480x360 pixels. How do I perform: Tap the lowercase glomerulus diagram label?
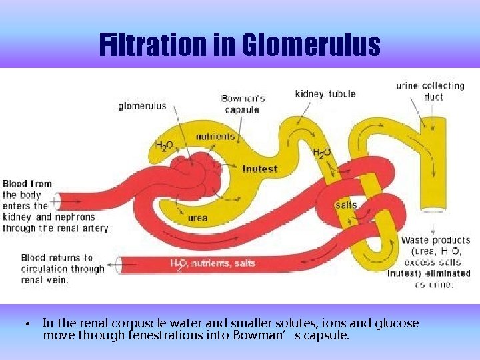143,106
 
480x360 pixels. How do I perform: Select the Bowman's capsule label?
243,104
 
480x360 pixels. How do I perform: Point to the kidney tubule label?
325,94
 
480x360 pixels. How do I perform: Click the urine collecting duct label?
430,91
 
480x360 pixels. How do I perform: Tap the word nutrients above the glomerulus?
215,137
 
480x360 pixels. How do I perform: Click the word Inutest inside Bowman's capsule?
260,169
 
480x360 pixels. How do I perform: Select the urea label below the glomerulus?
197,217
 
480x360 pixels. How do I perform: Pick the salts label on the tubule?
346,205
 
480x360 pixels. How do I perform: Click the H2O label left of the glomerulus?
165,145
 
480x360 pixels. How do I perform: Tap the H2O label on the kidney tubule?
322,153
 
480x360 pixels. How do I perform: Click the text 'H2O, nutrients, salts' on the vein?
212,263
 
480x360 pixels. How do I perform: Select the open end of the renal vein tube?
119,265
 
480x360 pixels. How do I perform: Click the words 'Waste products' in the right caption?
435,240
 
